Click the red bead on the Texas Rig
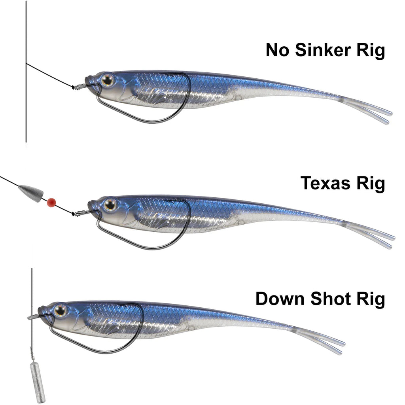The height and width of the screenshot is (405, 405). pos(51,202)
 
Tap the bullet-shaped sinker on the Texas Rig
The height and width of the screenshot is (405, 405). pos(31,193)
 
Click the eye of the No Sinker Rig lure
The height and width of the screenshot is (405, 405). pos(107,80)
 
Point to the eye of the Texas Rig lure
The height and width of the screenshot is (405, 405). pos(110,204)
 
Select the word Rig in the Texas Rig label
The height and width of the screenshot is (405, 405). pos(370,184)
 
